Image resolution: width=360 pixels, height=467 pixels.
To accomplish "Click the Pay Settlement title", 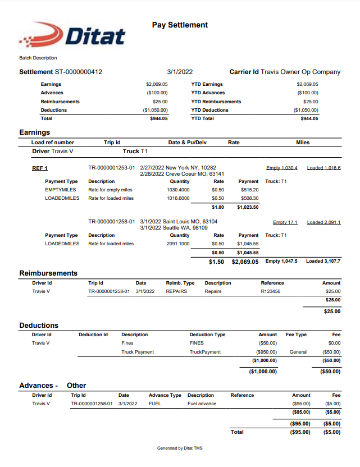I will coord(180,25).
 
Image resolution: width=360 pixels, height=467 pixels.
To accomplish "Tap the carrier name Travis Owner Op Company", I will coord(300,72).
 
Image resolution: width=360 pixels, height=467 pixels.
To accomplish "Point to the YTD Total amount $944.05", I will coord(309,118).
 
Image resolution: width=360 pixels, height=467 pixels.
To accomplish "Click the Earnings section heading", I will coord(35,132).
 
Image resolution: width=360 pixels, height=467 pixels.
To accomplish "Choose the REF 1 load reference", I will coord(40,168).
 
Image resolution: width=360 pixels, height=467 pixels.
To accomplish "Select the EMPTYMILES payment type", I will coord(61,190).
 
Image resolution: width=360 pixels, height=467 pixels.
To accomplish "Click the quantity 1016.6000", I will coord(178,198).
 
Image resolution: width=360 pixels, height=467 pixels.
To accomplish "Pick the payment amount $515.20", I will coord(248,190).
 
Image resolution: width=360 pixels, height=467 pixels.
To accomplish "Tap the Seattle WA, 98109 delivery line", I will coord(174,227).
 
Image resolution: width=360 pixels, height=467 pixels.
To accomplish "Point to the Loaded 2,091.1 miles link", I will coord(323,222).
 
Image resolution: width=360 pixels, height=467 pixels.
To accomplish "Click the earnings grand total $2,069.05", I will coord(245,262).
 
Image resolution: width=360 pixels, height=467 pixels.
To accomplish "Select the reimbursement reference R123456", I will coord(271,291).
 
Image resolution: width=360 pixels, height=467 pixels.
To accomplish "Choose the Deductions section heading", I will coord(39,325).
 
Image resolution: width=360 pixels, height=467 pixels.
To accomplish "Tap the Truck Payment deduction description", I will coord(138,352).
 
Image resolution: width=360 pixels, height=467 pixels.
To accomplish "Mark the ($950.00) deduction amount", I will coord(266,352).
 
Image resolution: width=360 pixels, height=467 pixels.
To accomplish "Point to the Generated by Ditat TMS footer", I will coord(180,448).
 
